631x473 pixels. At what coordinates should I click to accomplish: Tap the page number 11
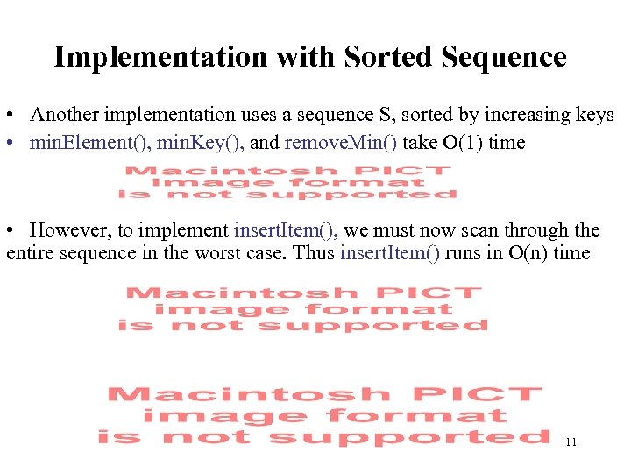coord(571,442)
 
